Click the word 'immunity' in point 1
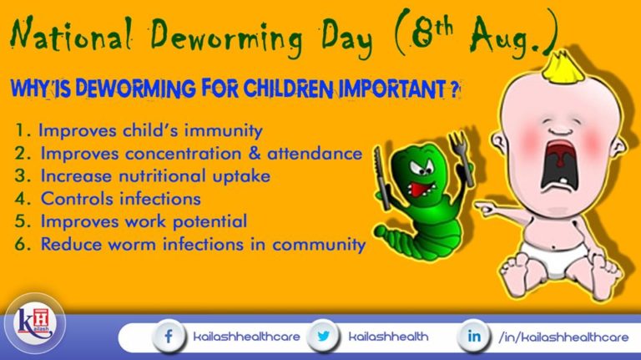[x=228, y=131]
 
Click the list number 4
[x=23, y=200]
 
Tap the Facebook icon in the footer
[x=168, y=337]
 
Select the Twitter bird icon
[x=322, y=337]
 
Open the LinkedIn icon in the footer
[x=473, y=337]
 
